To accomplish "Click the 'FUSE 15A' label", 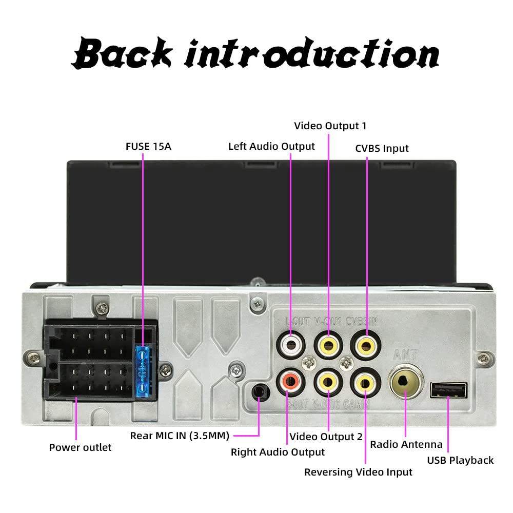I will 148,146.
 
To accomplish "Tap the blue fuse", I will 143,371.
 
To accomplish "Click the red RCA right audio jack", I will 290,381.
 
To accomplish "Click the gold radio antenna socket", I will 406,382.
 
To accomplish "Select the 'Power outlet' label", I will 80,447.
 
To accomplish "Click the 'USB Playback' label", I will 460,460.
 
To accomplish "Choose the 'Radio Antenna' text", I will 406,444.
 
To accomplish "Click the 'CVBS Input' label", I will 382,148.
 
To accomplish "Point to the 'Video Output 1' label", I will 330,126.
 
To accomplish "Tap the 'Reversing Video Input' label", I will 358,472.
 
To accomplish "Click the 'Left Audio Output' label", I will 271,146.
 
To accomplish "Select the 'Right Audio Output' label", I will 278,452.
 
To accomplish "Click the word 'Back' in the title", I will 122,53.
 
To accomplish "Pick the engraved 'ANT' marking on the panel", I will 403,353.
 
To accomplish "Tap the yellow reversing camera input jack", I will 365,381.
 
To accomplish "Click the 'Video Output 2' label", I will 326,437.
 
